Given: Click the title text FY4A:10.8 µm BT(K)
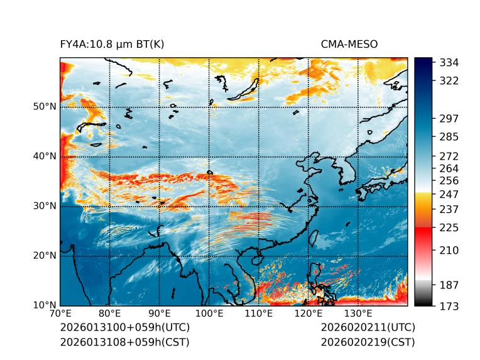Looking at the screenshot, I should coord(112,44).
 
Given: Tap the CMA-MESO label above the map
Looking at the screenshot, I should coord(349,44).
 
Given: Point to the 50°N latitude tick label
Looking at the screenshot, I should coord(45,107).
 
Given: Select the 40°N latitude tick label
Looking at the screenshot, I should coord(45,156).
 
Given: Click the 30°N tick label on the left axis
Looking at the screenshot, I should coord(45,206).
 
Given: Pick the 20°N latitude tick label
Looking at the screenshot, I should coord(45,256).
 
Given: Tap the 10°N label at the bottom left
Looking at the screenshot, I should coord(45,305).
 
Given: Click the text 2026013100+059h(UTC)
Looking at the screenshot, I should coord(125,327).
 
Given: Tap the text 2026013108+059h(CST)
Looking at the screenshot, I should coord(124,342).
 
